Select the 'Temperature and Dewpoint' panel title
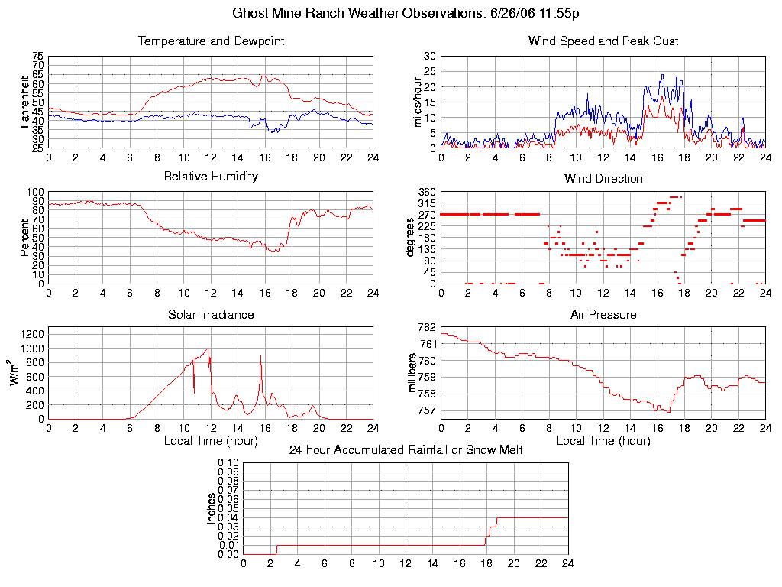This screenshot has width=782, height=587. click(211, 41)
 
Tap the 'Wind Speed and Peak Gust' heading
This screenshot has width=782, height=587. click(603, 41)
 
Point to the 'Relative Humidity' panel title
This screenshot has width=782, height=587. click(211, 177)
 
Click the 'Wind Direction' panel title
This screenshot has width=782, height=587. click(603, 178)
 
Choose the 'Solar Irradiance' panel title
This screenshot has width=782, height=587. click(211, 314)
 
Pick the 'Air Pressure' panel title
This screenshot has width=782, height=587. click(603, 314)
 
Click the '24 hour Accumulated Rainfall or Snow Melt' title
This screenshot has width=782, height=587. click(406, 449)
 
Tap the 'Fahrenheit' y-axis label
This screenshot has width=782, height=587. click(25, 102)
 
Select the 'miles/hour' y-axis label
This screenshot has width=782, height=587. click(418, 102)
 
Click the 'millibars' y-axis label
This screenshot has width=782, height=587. click(412, 373)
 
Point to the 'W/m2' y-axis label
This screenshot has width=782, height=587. click(15, 373)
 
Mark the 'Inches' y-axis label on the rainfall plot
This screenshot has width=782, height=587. click(212, 508)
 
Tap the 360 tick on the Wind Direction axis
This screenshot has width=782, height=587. click(425, 192)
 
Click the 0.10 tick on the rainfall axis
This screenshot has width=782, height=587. click(228, 462)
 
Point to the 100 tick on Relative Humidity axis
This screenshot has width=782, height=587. click(35, 192)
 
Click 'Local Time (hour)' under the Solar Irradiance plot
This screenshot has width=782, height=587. click(211, 440)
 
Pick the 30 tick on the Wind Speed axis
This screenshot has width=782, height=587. click(430, 56)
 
